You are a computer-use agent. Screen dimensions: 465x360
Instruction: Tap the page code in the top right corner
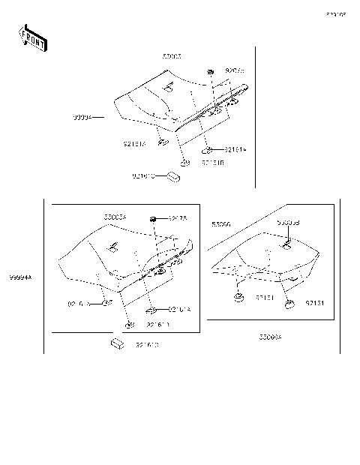click(335, 15)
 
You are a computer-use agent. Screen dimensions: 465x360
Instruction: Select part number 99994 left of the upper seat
click(83, 118)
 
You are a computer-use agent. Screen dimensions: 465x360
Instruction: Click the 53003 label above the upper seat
click(172, 56)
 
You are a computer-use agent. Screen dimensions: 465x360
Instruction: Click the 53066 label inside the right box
click(221, 224)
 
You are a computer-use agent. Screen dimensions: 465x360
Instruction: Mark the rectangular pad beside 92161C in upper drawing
click(174, 177)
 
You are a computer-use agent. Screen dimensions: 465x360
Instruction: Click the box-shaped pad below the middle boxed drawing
click(116, 343)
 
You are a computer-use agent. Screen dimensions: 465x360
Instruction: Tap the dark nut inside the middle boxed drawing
click(152, 218)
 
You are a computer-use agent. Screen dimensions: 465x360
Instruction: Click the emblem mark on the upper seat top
click(168, 88)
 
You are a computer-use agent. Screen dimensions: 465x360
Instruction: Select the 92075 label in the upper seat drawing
click(235, 70)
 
